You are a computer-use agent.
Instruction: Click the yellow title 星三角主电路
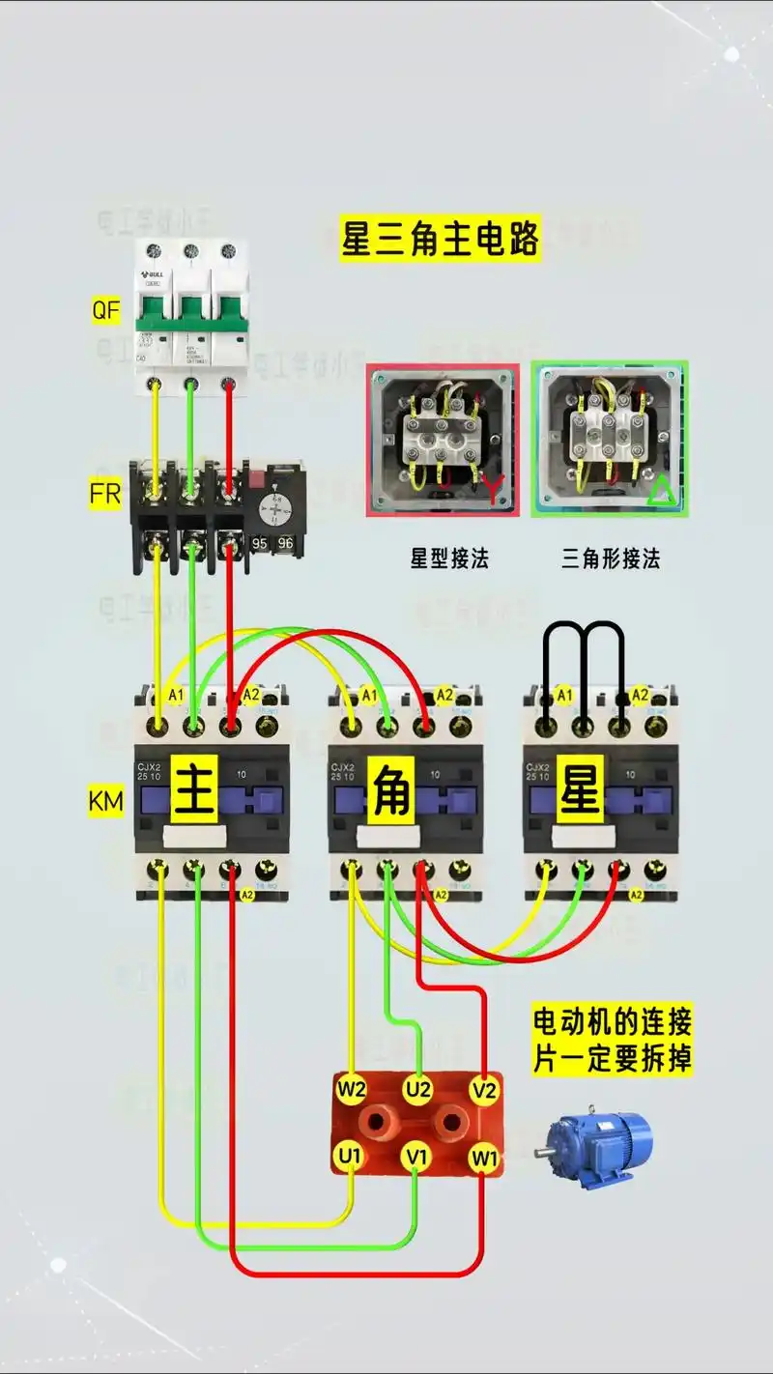pyautogui.click(x=440, y=239)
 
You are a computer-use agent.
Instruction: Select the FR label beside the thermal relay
pyautogui.click(x=105, y=494)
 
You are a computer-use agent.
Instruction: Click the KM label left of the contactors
pyautogui.click(x=106, y=800)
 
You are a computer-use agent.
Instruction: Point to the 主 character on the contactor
pyautogui.click(x=195, y=790)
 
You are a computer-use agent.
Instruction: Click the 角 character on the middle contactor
pyautogui.click(x=389, y=790)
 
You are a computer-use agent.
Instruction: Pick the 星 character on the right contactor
pyautogui.click(x=582, y=790)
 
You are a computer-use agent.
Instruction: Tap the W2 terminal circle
pyautogui.click(x=352, y=1090)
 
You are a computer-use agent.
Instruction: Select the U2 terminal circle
pyautogui.click(x=417, y=1090)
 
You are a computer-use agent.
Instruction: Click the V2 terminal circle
pyautogui.click(x=484, y=1090)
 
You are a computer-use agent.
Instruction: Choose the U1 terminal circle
pyautogui.click(x=350, y=1155)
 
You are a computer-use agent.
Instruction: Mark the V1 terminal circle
pyautogui.click(x=416, y=1155)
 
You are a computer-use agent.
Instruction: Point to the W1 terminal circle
pyautogui.click(x=483, y=1156)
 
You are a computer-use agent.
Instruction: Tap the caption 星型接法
pyautogui.click(x=449, y=558)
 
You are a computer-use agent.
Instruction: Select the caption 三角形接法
pyautogui.click(x=611, y=558)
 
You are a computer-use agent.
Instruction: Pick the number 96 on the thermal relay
pyautogui.click(x=285, y=543)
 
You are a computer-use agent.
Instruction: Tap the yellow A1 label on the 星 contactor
pyautogui.click(x=564, y=695)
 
